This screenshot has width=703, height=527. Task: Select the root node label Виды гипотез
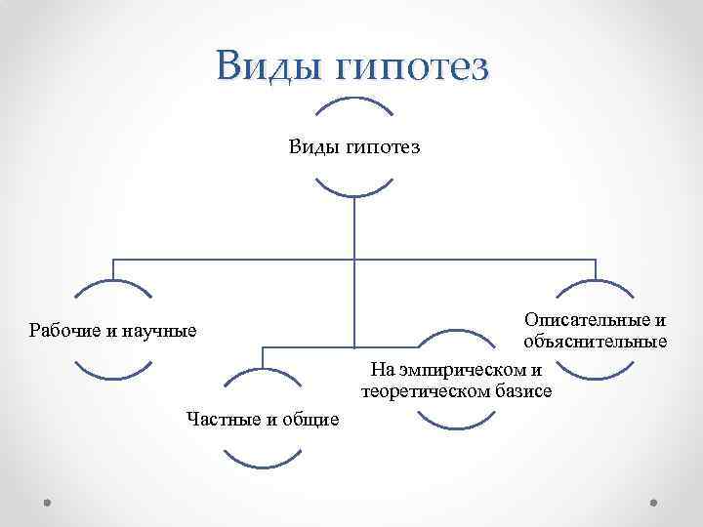354,146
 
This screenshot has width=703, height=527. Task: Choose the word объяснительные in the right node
595,341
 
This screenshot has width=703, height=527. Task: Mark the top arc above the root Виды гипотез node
354,101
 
